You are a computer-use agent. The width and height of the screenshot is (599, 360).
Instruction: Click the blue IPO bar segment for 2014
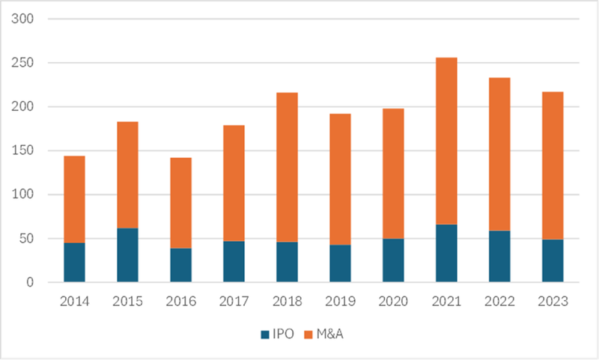[x=74, y=263]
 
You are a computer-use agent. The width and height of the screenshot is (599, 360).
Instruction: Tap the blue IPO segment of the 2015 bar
[x=127, y=255]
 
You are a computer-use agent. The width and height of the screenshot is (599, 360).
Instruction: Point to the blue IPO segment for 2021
[x=446, y=254]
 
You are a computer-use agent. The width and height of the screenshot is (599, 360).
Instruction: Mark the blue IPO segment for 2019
[x=340, y=263]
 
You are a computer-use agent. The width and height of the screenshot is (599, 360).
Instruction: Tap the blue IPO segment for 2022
[x=499, y=257]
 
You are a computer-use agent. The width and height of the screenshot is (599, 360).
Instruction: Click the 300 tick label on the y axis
[x=26, y=19]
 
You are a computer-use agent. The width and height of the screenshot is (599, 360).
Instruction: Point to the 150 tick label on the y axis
[x=26, y=150]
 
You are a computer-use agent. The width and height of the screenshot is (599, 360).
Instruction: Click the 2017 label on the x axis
[x=234, y=302]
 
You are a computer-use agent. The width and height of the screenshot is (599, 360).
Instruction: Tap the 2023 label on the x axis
[x=553, y=302]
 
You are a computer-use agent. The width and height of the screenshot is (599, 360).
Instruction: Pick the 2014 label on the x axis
[x=74, y=302]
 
